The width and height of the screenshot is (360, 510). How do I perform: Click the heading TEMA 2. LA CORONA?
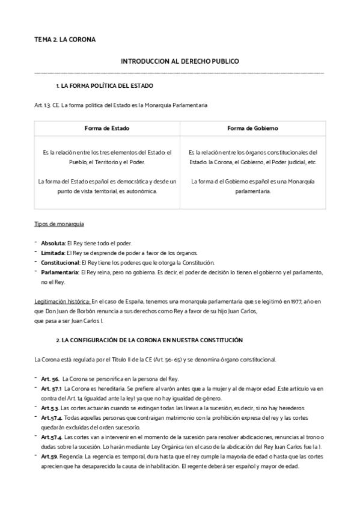tap(65, 40)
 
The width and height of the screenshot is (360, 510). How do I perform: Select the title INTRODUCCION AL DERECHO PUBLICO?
tap(179, 62)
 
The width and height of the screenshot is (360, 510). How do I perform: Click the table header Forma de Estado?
tap(107, 129)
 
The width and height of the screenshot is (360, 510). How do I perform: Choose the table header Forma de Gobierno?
tap(252, 129)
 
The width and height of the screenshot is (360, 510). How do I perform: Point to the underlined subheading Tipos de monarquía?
tap(59, 224)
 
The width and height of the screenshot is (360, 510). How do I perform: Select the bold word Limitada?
tap(52, 253)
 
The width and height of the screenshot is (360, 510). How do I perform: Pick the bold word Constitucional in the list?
tap(60, 262)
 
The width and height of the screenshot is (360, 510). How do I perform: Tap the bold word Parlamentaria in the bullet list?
tap(60, 272)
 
